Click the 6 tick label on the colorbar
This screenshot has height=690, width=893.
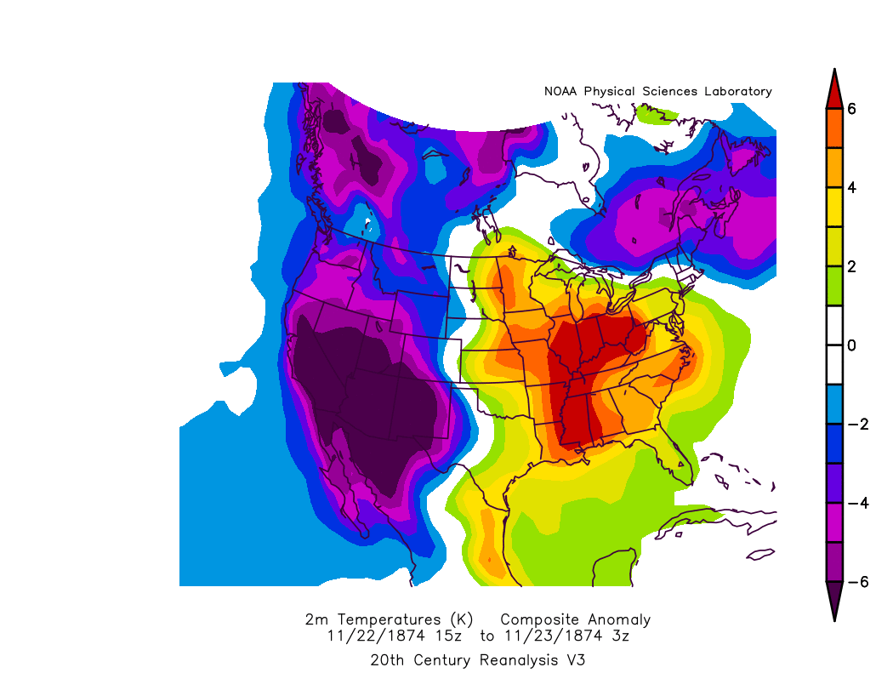click(851, 108)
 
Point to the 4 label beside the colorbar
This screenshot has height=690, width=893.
click(851, 187)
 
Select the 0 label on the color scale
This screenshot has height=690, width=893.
click(851, 345)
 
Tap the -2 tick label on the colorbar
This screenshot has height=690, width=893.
click(856, 424)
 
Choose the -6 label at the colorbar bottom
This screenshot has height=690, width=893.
click(856, 582)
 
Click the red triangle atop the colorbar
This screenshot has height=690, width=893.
click(834, 91)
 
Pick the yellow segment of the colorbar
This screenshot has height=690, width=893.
click(834, 207)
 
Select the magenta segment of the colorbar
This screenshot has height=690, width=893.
click(834, 522)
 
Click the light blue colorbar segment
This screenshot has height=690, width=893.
click(834, 404)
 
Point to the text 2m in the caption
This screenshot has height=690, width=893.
click(314, 619)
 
